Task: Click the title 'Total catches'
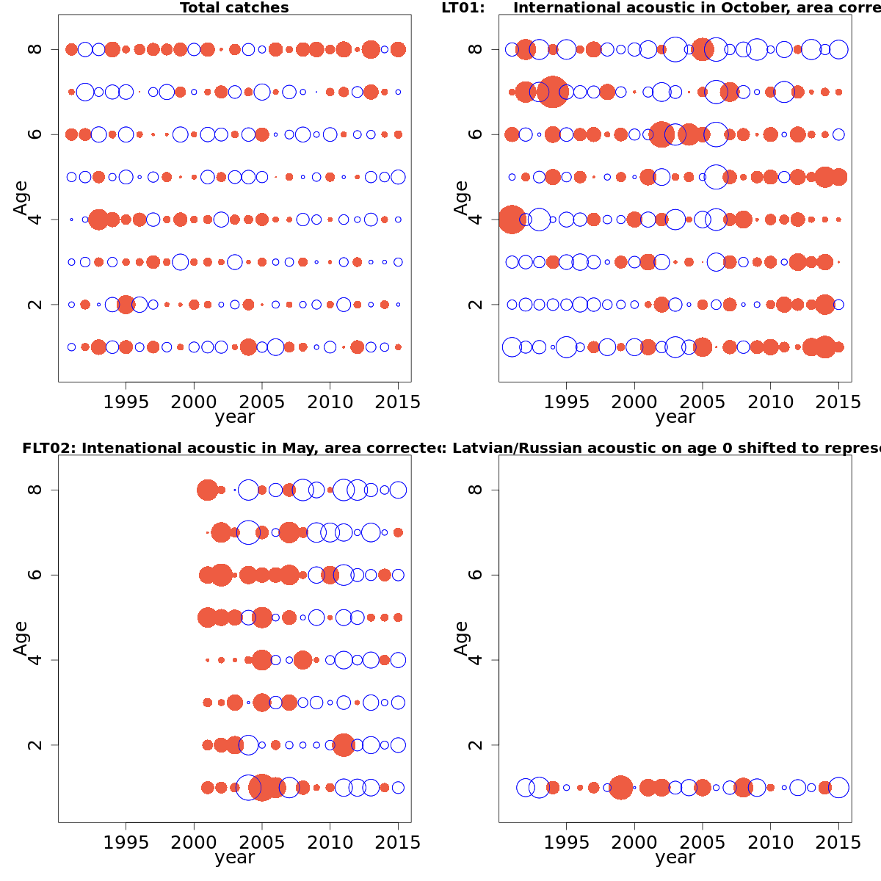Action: (234, 8)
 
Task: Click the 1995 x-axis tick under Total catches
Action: (126, 402)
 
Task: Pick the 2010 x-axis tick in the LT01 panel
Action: (770, 402)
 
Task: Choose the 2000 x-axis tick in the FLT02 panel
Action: (194, 842)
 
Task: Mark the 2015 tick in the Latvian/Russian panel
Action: (838, 842)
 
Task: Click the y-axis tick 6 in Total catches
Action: (35, 134)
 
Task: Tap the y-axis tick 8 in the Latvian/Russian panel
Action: (475, 490)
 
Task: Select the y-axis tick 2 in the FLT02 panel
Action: (35, 745)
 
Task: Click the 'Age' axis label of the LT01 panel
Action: (461, 197)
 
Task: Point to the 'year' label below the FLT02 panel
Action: (234, 858)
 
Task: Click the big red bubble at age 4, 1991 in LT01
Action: (512, 220)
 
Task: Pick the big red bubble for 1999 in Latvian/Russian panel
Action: (620, 787)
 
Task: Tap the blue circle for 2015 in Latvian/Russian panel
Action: (838, 787)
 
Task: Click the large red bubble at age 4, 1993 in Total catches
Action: (98, 220)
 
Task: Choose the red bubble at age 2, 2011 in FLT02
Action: (344, 745)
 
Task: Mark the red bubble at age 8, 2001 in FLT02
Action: (207, 490)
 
